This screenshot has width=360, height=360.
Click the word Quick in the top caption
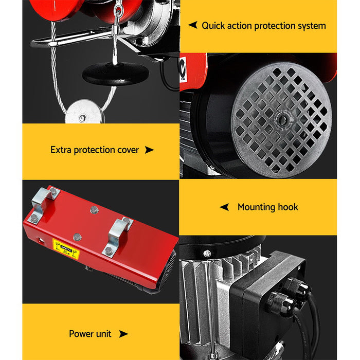(x=213, y=25)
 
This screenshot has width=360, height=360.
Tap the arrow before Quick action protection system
(x=193, y=25)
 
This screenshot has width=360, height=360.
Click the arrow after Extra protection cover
(x=149, y=150)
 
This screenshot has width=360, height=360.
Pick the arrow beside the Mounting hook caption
(x=224, y=207)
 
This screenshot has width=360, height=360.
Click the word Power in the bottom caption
(x=82, y=334)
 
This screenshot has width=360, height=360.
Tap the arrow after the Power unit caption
(x=123, y=334)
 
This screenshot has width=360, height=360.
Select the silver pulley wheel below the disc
(x=82, y=112)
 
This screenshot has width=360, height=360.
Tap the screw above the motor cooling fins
(x=207, y=253)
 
